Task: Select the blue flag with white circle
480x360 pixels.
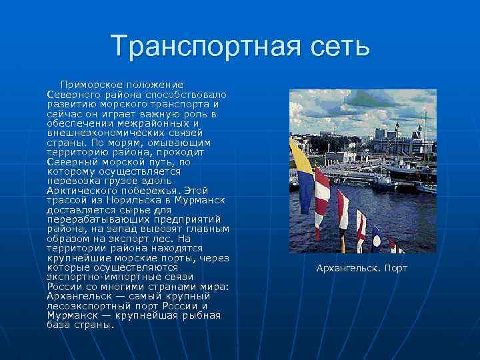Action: [x=376, y=237]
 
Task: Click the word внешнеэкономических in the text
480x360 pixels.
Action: [x=109, y=133]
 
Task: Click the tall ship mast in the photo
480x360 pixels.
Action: [x=424, y=127]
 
